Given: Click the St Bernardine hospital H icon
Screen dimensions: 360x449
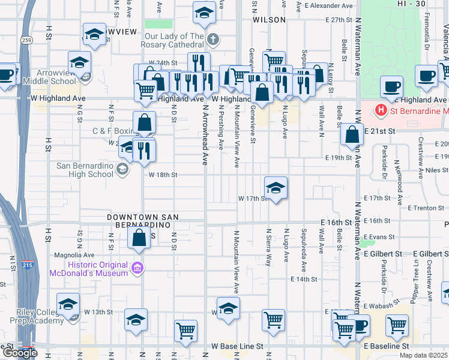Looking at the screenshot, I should pyautogui.click(x=380, y=110).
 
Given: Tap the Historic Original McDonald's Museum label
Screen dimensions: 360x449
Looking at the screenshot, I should pyautogui.click(x=98, y=269).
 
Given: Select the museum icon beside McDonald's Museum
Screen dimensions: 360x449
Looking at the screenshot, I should pyautogui.click(x=137, y=268).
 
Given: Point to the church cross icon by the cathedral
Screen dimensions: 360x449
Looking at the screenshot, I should pyautogui.click(x=212, y=40).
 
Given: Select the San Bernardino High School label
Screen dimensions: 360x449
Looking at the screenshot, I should pyautogui.click(x=85, y=170).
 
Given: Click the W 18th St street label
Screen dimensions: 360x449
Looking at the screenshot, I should pyautogui.click(x=163, y=175).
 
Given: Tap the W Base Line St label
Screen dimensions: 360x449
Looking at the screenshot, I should pyautogui.click(x=238, y=346).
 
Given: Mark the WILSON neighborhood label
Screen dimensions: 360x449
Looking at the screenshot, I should pyautogui.click(x=269, y=20).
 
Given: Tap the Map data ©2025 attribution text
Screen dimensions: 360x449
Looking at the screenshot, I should pyautogui.click(x=423, y=356).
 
